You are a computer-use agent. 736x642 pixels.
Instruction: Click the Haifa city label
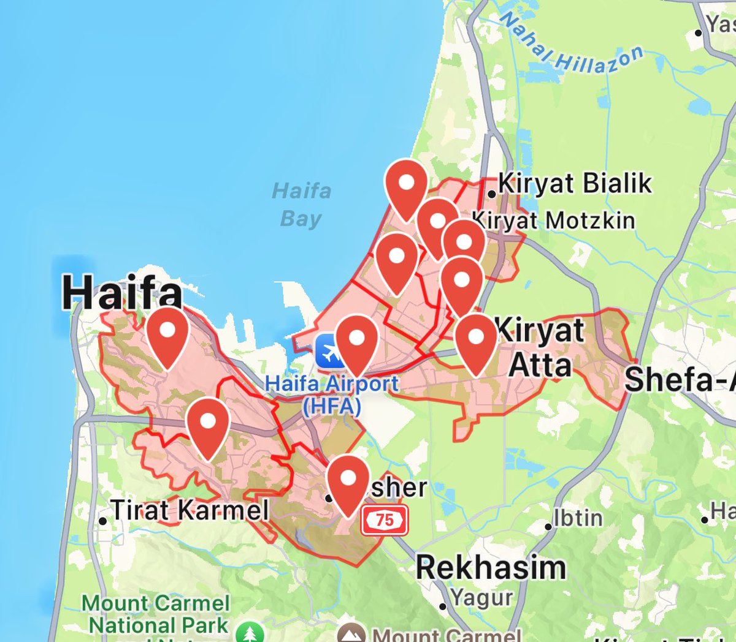tap(122, 292)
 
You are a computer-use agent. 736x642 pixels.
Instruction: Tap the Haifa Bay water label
tap(301, 205)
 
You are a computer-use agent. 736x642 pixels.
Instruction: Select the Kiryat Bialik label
tap(575, 183)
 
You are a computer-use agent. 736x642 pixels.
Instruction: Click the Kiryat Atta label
tap(540, 348)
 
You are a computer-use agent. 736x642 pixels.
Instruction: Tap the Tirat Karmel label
tap(189, 510)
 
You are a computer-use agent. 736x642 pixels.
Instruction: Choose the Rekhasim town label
tap(491, 567)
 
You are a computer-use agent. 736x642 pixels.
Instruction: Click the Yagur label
tap(481, 597)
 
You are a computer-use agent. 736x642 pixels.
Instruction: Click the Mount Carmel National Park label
tap(156, 614)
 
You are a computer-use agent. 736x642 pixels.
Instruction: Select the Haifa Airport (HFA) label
tap(332, 395)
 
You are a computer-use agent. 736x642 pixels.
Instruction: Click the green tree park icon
tap(250, 633)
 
